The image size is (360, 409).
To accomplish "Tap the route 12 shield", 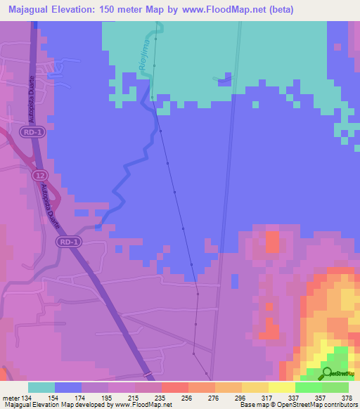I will coord(41,174).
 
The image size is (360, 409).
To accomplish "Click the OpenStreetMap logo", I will coord(337,373).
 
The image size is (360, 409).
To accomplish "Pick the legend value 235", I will coord(162,398).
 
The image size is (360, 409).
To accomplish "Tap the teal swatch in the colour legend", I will coord(41,387).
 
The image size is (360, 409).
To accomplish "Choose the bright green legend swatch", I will coord(309,387).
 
